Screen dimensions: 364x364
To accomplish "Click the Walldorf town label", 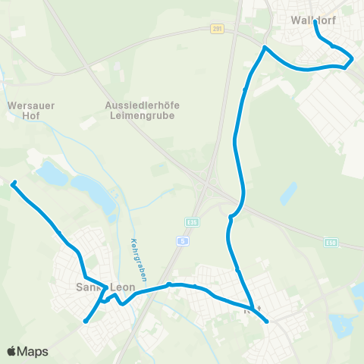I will tap(313, 20).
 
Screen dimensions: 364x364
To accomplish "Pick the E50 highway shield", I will tap(329, 242).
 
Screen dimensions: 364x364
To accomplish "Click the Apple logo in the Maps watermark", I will tap(12, 351).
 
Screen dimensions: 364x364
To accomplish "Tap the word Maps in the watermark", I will tap(33, 351).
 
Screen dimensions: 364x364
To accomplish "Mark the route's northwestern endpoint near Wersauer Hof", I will tap(13, 183).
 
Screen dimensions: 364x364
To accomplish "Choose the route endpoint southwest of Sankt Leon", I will tap(86, 321).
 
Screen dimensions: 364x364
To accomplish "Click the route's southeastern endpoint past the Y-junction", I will tap(267, 322).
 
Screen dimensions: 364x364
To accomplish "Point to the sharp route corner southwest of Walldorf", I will tap(264, 48).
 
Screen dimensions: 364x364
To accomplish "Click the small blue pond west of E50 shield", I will tap(288, 193).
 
